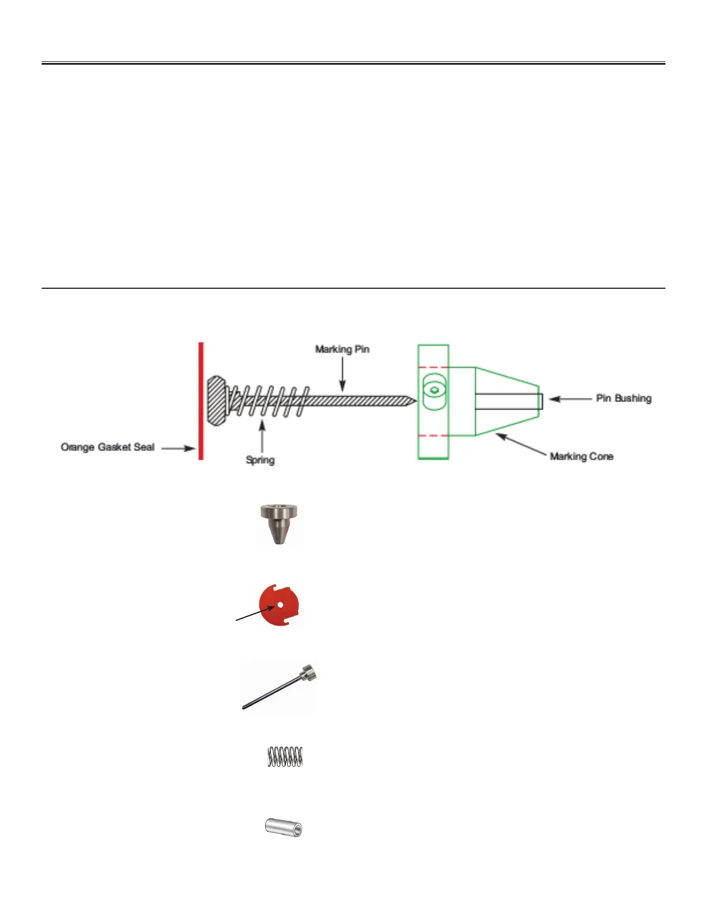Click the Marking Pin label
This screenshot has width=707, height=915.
point(342,349)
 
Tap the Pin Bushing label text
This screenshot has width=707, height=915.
point(623,399)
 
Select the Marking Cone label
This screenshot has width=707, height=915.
point(581,456)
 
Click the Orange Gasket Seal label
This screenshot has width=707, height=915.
point(107,447)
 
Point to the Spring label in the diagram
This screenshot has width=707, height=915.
point(260,460)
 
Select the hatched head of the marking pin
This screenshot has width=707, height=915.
point(216,401)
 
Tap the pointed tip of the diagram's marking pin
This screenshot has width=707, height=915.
point(412,400)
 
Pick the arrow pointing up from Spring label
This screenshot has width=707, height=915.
point(262,436)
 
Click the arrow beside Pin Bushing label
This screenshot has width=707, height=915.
point(569,399)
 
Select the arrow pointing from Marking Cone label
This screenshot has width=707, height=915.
point(520,445)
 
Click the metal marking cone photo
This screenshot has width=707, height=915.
point(279,523)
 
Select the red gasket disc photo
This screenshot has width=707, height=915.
point(280,605)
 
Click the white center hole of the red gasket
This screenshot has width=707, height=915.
point(280,605)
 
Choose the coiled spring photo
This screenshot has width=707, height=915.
point(285,757)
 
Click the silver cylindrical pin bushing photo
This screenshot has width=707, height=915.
point(283,827)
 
